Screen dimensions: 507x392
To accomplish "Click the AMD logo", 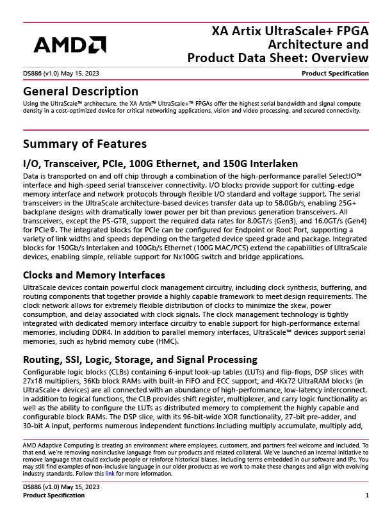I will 70,44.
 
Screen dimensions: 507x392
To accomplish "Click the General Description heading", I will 81,92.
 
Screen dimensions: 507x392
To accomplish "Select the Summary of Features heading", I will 85,143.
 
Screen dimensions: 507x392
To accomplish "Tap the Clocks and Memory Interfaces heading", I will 94,275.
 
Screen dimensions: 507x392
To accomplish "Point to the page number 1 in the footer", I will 366,495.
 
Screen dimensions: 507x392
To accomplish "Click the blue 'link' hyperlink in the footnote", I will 110,474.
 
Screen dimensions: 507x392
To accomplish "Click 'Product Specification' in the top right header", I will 335,74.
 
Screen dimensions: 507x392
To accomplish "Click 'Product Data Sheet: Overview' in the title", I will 278,59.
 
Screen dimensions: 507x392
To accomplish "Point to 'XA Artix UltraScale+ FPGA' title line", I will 290,31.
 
